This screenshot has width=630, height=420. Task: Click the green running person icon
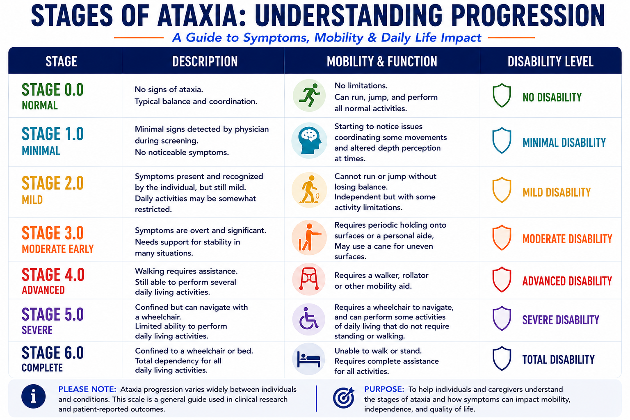[309, 95]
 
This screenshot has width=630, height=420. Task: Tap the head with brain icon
[309, 140]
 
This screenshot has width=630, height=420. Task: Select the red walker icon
[309, 279]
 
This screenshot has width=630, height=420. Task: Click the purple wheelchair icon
[308, 319]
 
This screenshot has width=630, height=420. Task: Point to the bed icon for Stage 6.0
[308, 359]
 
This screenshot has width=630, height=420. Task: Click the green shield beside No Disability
[502, 95]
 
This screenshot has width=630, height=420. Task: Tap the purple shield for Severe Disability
[502, 318]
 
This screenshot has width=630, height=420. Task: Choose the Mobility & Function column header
[382, 62]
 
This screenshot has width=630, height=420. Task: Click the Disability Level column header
[550, 62]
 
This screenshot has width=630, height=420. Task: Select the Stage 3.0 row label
[53, 233]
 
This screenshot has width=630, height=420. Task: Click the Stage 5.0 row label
[53, 314]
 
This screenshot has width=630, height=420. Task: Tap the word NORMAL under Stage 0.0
[40, 105]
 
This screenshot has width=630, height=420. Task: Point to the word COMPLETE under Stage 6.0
[42, 367]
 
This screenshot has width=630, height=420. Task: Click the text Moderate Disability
[567, 239]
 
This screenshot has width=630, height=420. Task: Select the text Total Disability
[558, 360]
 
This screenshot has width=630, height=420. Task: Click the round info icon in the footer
[34, 396]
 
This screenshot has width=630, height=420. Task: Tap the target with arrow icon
[344, 397]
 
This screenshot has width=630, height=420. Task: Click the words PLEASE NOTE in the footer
[87, 389]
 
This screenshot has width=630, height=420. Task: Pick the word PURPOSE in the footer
[384, 389]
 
